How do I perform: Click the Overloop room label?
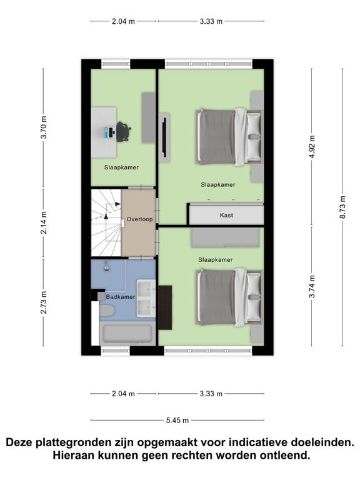pyautogui.click(x=139, y=219)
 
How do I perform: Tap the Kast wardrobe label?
pyautogui.click(x=226, y=215)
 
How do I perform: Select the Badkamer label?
pyautogui.click(x=121, y=297)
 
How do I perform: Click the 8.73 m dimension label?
pyautogui.click(x=342, y=207)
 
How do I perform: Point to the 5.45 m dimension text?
pyautogui.click(x=177, y=420)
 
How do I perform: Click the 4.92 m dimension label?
pyautogui.click(x=312, y=147)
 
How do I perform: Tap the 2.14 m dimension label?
pyautogui.click(x=44, y=222)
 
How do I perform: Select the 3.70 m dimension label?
pyautogui.click(x=44, y=127)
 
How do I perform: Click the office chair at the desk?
pyautogui.click(x=123, y=132)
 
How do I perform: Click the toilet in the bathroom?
pyautogui.click(x=106, y=311)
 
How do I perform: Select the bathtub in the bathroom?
pyautogui.click(x=127, y=332)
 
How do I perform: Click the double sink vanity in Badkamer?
pyautogui.click(x=146, y=299)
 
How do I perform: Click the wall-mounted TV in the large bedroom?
pyautogui.click(x=164, y=137)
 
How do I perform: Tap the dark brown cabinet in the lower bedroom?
pyautogui.click(x=165, y=307)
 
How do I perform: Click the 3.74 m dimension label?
pyautogui.click(x=312, y=286)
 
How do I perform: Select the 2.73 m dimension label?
pyautogui.click(x=44, y=302)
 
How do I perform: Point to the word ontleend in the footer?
pyautogui.click(x=285, y=455)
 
